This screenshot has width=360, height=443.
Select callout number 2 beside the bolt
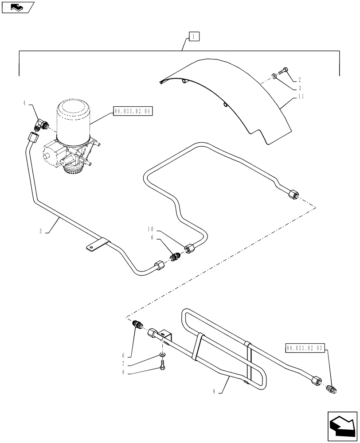point(299,80)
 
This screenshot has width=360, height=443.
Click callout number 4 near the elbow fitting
point(24,104)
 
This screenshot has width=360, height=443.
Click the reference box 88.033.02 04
point(133,113)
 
